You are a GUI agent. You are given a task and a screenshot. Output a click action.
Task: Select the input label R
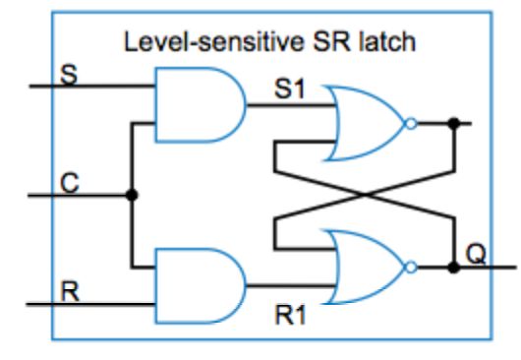(69, 292)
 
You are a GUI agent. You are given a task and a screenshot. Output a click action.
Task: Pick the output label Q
(477, 254)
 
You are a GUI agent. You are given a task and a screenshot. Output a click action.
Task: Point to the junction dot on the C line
(133, 195)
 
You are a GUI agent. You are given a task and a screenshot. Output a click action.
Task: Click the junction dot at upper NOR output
(453, 124)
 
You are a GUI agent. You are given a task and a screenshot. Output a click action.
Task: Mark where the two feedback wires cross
(365, 195)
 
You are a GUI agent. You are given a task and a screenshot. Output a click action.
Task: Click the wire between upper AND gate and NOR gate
(285, 105)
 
